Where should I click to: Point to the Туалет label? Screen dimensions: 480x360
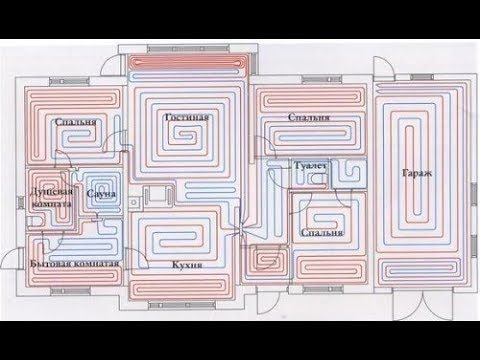point(304,162)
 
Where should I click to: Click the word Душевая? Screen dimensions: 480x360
point(50,189)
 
